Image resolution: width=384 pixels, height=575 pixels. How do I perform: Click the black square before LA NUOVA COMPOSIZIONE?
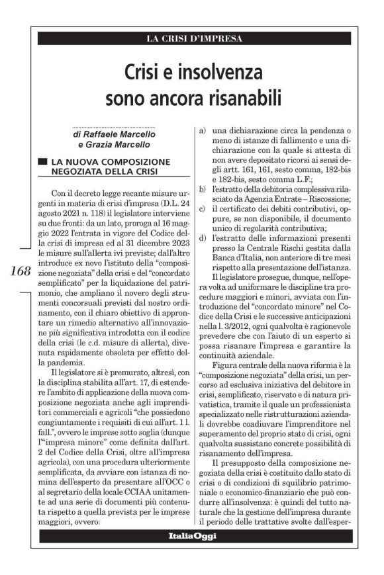[x=43, y=161]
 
